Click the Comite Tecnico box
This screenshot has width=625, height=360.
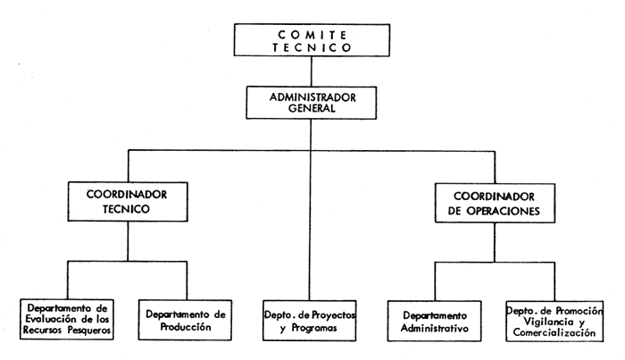(x=312, y=41)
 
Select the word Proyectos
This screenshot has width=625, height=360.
(x=330, y=314)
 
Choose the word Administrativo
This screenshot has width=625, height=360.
(x=435, y=328)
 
